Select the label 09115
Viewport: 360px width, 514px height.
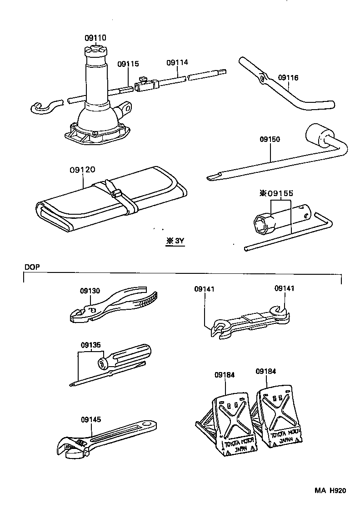128,64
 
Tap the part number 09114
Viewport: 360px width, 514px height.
177,62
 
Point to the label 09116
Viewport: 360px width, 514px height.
288,78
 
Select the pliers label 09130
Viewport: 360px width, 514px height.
90,291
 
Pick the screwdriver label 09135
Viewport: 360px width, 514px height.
90,344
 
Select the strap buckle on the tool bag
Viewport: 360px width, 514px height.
116,192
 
